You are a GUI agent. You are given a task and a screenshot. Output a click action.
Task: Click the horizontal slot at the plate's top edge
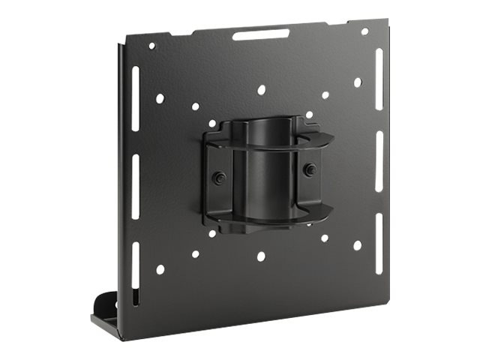260,34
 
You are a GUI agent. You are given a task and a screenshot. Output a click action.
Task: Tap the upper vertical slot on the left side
136,88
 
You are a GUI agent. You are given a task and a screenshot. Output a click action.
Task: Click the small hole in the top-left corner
152,46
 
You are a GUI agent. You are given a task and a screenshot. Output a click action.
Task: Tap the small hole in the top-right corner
364,31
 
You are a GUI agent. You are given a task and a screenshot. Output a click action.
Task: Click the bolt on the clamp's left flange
219,178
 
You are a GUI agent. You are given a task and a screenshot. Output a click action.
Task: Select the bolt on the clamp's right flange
308,169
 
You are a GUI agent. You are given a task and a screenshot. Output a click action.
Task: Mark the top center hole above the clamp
261,90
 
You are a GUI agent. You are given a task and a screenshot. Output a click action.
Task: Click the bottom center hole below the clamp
260,256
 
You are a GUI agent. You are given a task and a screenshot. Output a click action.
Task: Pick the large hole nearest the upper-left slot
160,98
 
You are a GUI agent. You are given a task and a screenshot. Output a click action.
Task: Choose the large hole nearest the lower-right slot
357,245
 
